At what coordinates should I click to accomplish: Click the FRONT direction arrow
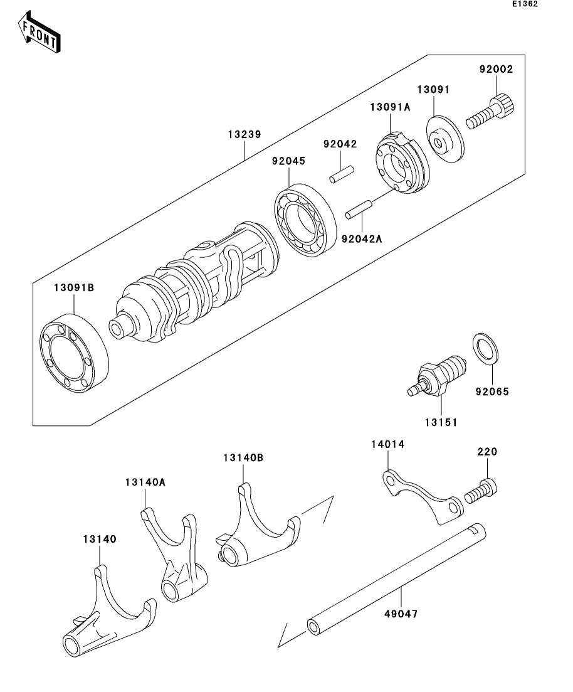click(39, 33)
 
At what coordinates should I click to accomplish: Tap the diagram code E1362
click(525, 4)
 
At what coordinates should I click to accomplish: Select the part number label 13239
click(244, 134)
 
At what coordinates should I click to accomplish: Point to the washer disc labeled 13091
click(445, 139)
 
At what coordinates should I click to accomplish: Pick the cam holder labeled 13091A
click(402, 162)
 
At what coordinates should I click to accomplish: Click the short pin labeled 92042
click(342, 173)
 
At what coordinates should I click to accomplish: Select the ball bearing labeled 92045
click(304, 220)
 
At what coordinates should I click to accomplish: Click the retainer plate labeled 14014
click(422, 496)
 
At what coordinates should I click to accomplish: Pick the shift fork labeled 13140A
click(175, 555)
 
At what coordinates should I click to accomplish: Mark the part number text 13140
click(100, 539)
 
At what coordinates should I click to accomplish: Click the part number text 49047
click(401, 614)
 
